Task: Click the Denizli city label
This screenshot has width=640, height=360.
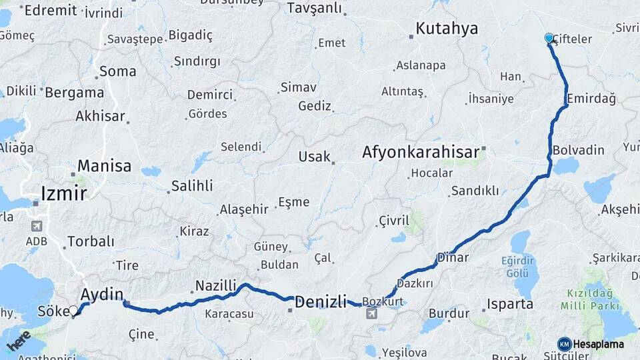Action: pyautogui.click(x=321, y=302)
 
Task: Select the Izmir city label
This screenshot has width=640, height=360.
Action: pyautogui.click(x=64, y=193)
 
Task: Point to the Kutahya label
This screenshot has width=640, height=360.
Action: pyautogui.click(x=447, y=29)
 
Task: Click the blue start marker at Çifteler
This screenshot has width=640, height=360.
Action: pyautogui.click(x=549, y=38)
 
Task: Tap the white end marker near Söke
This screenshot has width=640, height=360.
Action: pyautogui.click(x=73, y=311)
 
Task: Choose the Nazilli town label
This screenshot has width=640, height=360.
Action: pyautogui.click(x=215, y=286)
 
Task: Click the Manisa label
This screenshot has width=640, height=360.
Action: pyautogui.click(x=104, y=165)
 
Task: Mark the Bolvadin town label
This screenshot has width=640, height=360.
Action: pyautogui.click(x=578, y=149)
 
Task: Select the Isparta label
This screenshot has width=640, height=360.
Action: pyautogui.click(x=510, y=304)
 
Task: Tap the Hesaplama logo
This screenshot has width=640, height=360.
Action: pyautogui.click(x=591, y=344)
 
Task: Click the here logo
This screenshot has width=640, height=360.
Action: pyautogui.click(x=19, y=341)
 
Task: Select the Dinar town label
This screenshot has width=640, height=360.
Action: pyautogui.click(x=453, y=257)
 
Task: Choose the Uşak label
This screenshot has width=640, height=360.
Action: pyautogui.click(x=315, y=157)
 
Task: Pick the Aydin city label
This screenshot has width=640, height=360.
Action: pyautogui.click(x=102, y=294)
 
